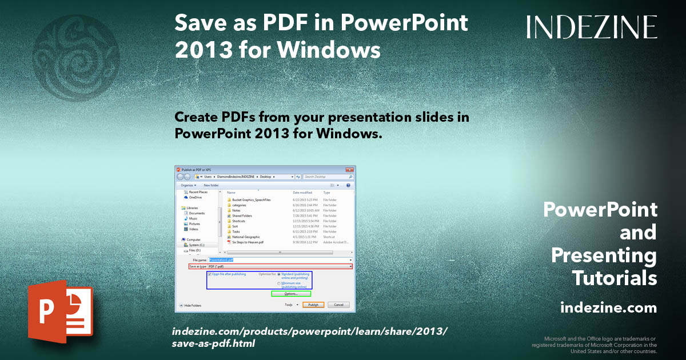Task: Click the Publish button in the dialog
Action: [313, 305]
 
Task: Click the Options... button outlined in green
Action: [291, 294]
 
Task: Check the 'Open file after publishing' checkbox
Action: [210, 274]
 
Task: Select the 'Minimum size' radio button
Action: [279, 283]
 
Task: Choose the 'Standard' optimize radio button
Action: [279, 274]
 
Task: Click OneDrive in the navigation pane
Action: [195, 198]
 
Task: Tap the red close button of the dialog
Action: [350, 170]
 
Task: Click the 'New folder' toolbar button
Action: [211, 185]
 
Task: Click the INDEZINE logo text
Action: [592, 27]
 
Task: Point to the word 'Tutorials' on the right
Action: [615, 278]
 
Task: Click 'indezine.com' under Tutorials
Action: [608, 308]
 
